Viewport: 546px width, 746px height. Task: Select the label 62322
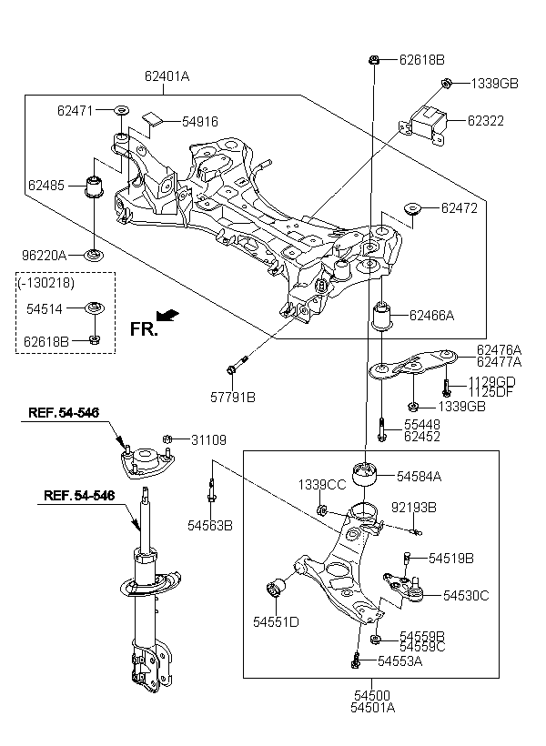coord(487,120)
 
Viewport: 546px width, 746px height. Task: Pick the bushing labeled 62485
coord(93,185)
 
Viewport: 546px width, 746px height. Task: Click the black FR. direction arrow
coord(167,315)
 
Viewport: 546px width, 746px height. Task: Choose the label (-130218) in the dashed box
coord(45,283)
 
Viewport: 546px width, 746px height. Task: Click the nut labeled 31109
coord(167,439)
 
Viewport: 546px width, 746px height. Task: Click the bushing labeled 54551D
coord(277,591)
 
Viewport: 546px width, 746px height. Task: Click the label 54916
coord(200,121)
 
